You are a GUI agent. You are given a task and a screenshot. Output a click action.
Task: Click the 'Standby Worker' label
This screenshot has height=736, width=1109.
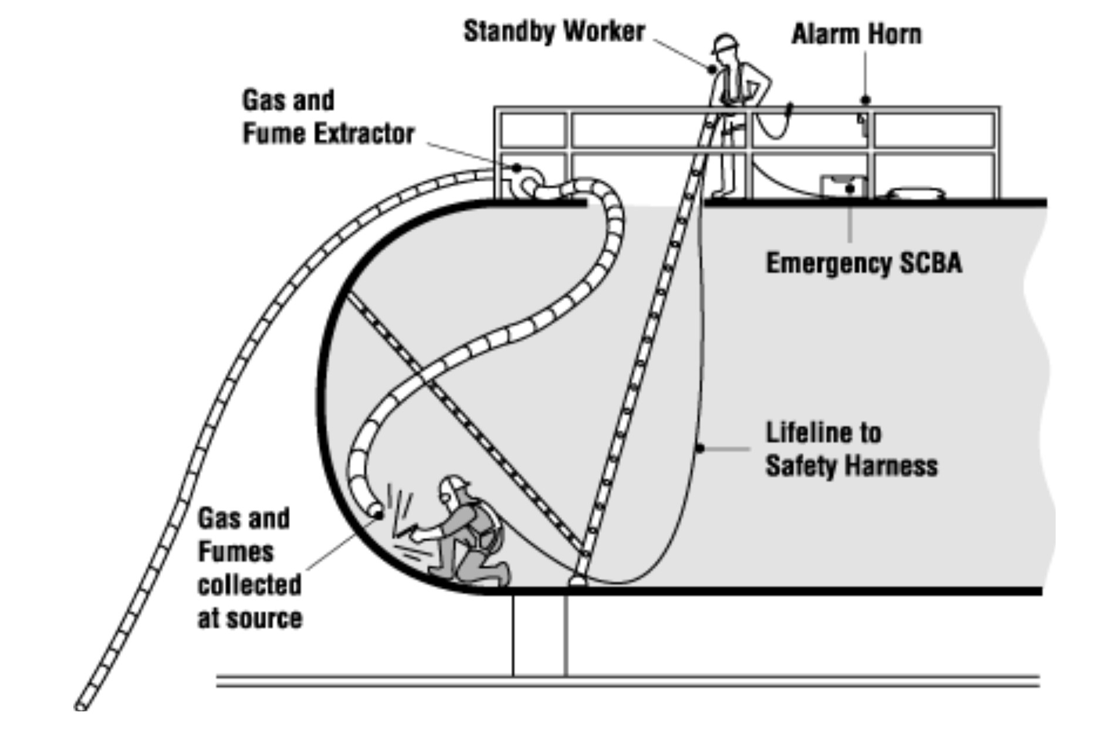[x=554, y=32]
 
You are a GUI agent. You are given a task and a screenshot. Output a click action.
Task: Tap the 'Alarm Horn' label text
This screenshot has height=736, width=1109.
[x=856, y=34]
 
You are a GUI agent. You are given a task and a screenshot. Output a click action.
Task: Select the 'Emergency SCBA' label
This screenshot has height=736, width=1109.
[x=864, y=263]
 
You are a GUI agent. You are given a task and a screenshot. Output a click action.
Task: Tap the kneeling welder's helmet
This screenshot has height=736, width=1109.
[x=454, y=485]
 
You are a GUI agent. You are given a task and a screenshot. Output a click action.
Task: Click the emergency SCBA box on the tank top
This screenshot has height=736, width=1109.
[x=843, y=187]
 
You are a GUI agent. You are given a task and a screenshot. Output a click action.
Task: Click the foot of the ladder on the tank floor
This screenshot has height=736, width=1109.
[x=578, y=580]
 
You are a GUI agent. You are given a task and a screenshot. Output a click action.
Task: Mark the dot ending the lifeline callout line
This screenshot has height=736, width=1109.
[x=700, y=449]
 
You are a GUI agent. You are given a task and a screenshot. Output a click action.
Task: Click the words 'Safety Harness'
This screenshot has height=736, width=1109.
[x=851, y=467]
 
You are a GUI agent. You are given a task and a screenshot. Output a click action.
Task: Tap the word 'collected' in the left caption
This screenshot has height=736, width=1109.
[x=250, y=585]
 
